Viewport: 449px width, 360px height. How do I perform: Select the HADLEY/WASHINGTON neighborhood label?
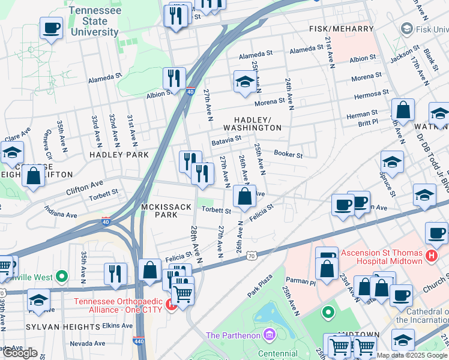click(252, 124)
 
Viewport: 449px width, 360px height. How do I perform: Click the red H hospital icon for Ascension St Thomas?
click(431, 257)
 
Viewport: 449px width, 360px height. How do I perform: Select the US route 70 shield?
click(252, 256)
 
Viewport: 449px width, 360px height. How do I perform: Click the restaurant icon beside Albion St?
click(173, 78)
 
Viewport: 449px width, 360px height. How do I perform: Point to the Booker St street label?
click(288, 154)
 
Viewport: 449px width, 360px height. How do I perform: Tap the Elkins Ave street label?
click(118, 325)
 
